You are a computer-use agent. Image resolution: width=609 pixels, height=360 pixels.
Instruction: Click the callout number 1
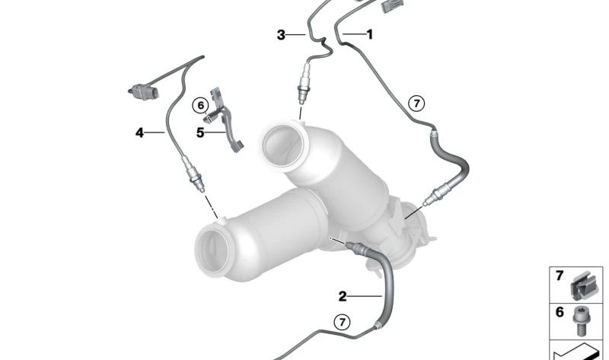click(x=370, y=34)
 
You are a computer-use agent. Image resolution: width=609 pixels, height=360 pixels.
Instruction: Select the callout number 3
click(x=281, y=34)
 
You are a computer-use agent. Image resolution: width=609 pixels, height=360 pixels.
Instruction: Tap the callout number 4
click(x=140, y=132)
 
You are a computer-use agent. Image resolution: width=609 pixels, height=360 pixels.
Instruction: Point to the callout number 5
click(x=200, y=132)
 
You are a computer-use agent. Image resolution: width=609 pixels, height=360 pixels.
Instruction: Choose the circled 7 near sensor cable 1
click(x=415, y=104)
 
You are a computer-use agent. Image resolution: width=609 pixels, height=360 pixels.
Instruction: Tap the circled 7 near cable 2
click(x=343, y=323)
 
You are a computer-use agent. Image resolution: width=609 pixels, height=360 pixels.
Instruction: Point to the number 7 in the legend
click(x=559, y=276)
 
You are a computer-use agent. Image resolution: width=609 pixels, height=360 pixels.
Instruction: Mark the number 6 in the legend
click(x=559, y=312)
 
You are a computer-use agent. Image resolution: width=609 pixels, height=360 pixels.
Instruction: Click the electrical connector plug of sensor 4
click(x=141, y=92)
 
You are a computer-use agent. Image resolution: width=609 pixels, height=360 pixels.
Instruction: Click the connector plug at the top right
click(x=393, y=5)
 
